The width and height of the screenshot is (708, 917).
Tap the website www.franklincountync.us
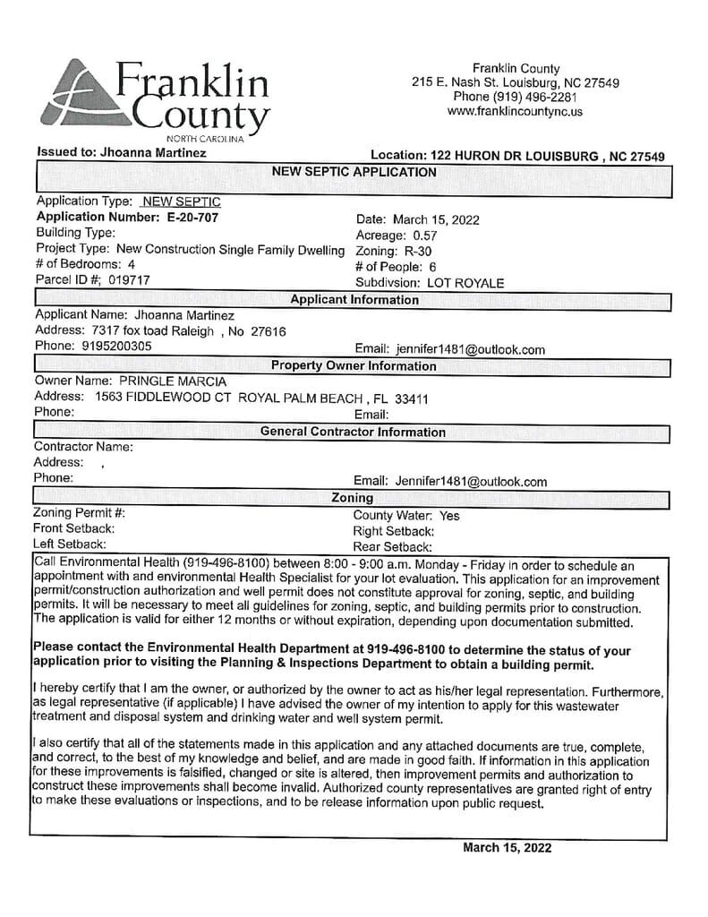pos(515,112)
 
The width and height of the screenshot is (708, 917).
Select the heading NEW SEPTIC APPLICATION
pos(354,172)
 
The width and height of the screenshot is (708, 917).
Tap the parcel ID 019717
pos(129,280)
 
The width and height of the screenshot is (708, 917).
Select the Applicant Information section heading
pos(354,300)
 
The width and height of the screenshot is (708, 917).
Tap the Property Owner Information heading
pos(354,365)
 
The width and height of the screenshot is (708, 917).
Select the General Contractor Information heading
pos(353,432)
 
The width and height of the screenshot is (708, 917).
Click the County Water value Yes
pos(450,516)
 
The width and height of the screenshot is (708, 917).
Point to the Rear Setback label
pos(393,546)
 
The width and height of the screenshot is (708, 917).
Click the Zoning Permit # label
pos(79,513)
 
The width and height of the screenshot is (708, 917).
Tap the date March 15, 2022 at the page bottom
pos(508,847)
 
